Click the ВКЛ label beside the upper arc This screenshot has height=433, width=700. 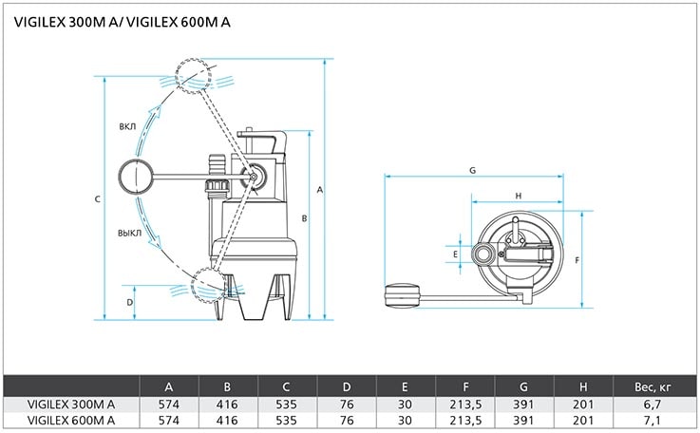click(x=127, y=127)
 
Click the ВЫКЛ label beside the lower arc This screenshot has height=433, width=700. click(x=129, y=233)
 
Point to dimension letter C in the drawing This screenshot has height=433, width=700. click(x=97, y=199)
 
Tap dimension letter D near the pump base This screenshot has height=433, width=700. click(x=129, y=302)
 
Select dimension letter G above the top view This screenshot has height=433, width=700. click(x=472, y=170)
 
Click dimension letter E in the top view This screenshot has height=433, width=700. click(x=455, y=254)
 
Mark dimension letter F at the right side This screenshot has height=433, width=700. click(x=577, y=260)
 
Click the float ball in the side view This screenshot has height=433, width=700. click(x=136, y=177)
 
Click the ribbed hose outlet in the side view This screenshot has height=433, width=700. click(x=217, y=167)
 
